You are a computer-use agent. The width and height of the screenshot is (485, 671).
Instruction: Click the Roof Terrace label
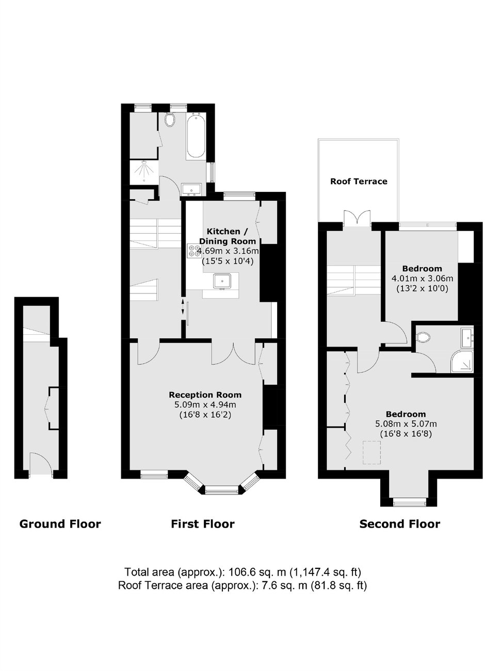359,181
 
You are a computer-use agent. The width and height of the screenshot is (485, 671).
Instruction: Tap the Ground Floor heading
60,524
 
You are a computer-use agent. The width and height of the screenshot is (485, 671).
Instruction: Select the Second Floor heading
399,524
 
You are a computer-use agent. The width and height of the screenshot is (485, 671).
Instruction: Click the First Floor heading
203,524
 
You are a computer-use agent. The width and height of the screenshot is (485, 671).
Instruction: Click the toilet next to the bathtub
170,119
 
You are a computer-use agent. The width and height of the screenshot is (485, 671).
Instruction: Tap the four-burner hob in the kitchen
193,251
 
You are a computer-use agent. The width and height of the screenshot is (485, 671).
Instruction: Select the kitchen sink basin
222,281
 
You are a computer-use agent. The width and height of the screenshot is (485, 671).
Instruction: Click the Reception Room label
205,395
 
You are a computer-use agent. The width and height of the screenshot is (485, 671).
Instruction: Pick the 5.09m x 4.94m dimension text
205,405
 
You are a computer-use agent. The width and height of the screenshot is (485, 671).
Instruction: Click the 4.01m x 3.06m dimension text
422,279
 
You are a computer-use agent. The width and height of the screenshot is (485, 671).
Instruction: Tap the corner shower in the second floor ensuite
462,362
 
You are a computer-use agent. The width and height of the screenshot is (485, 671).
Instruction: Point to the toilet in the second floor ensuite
423,337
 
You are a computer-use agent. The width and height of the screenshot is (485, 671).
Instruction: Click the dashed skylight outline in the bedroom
371,452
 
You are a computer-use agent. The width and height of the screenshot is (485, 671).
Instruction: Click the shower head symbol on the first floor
144,172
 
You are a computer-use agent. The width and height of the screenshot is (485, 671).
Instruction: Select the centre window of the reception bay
222,490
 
